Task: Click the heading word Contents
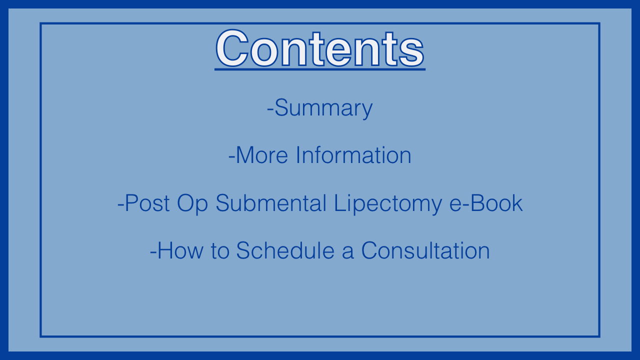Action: click(x=320, y=48)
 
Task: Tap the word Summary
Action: click(x=323, y=108)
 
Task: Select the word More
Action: click(x=262, y=155)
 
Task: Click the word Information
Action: click(x=353, y=155)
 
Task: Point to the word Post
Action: click(x=147, y=203)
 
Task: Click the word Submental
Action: click(x=271, y=203)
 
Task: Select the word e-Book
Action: click(x=486, y=203)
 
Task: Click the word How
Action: click(x=180, y=250)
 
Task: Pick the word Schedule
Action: click(x=285, y=250)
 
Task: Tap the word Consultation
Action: click(x=425, y=250)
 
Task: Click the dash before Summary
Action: click(x=270, y=109)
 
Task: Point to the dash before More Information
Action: click(x=231, y=156)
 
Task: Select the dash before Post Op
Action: click(x=121, y=204)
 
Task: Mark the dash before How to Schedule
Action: click(x=153, y=252)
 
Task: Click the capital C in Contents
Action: click(x=232, y=48)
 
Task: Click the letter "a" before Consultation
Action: click(x=348, y=253)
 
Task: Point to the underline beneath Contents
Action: click(x=320, y=69)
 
